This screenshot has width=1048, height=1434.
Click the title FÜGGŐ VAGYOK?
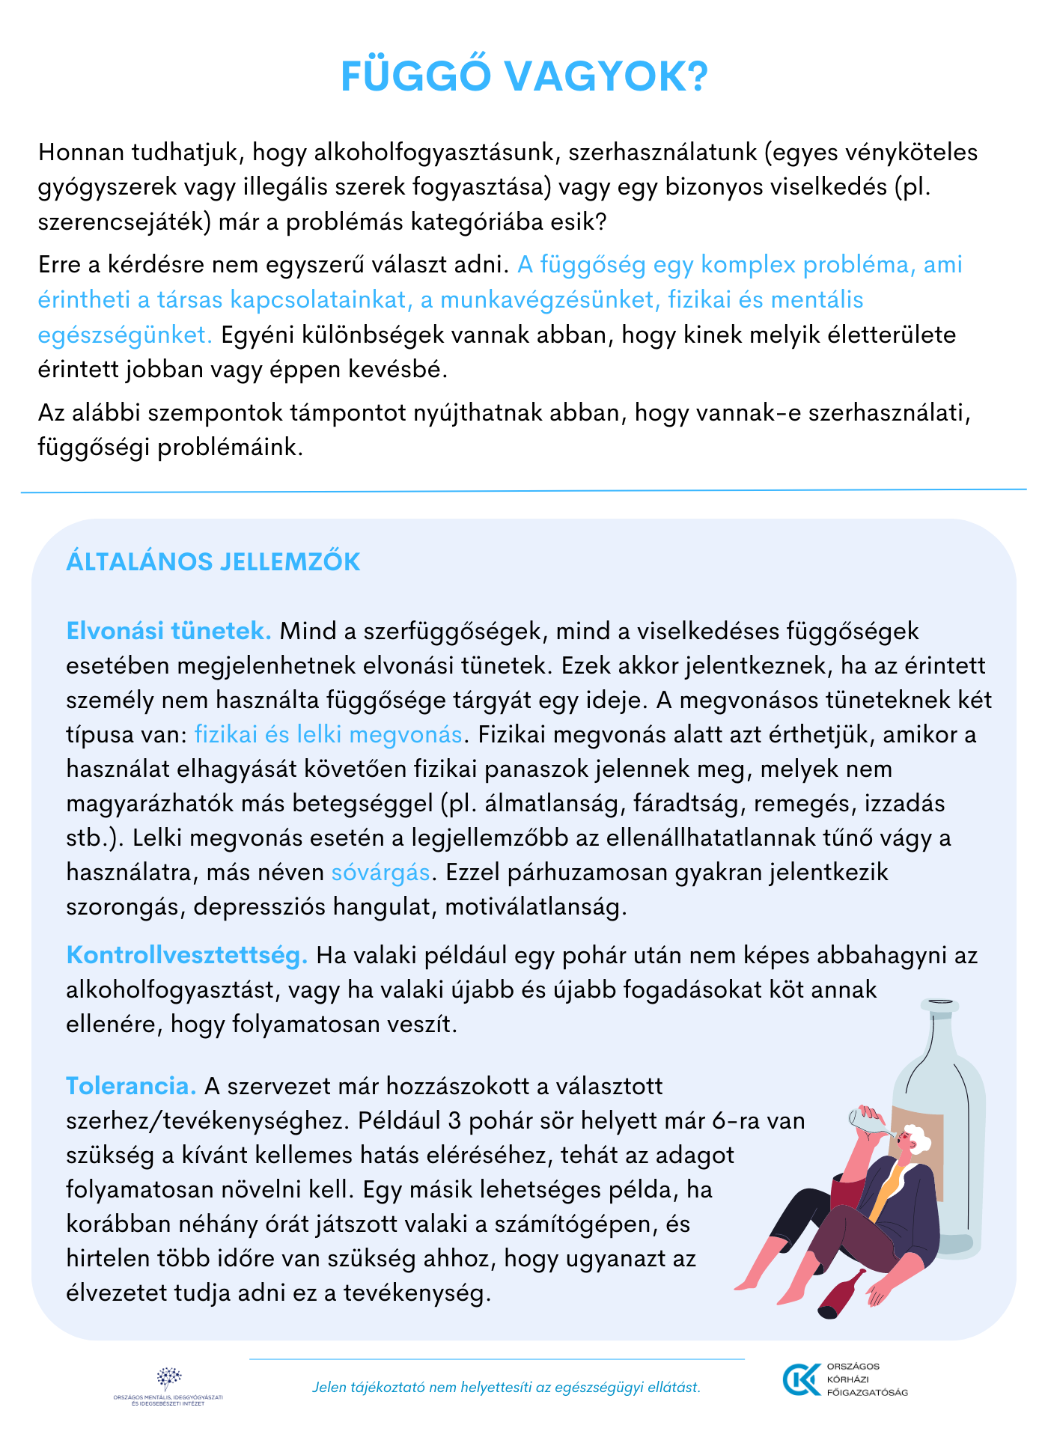point(524,76)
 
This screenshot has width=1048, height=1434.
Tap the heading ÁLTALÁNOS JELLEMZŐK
point(213,561)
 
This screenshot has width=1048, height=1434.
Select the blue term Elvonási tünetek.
point(168,631)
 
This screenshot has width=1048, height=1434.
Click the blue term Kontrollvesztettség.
point(187,955)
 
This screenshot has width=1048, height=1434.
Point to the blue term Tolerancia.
point(131,1086)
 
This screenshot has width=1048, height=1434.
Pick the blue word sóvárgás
point(381,872)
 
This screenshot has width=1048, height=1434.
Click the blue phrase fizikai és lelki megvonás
point(328,734)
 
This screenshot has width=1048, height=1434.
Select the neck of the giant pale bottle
point(939,1029)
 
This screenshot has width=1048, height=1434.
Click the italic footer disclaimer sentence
point(506,1388)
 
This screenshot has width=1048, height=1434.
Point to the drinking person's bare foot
point(749,1284)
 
